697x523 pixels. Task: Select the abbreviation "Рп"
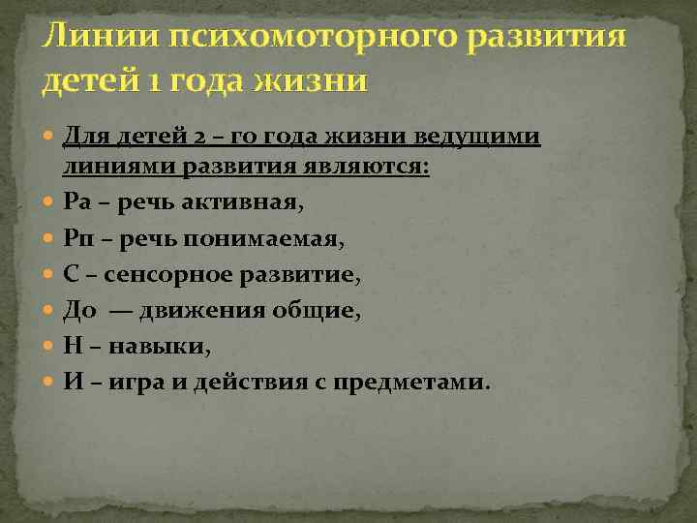tap(77, 238)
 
